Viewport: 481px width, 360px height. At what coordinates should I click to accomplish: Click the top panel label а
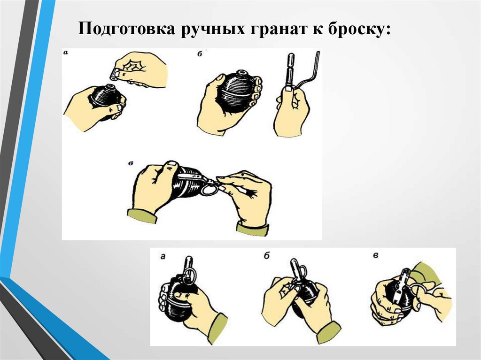[66, 53]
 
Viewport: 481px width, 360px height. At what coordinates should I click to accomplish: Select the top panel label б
[200, 54]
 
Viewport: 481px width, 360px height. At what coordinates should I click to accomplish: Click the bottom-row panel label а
[163, 256]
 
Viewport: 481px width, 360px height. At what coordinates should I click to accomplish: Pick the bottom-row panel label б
[267, 255]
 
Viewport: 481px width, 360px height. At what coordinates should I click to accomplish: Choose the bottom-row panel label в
[375, 255]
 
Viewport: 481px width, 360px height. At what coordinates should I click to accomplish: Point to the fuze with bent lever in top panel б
[301, 74]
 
